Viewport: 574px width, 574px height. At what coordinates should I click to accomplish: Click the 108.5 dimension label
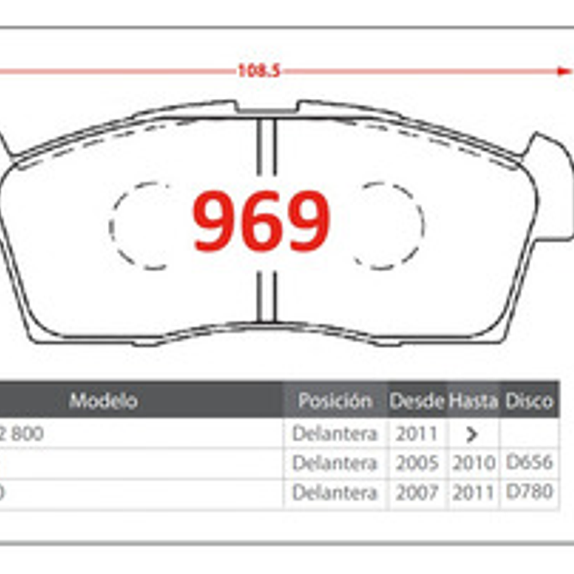tap(259, 71)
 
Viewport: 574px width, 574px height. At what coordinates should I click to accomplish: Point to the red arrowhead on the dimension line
tap(563, 71)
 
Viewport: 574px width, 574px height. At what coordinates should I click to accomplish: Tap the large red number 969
tap(261, 222)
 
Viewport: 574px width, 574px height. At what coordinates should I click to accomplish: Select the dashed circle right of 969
tap(388, 225)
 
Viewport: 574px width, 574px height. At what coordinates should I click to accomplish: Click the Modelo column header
tap(103, 400)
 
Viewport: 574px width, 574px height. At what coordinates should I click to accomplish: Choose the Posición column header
tap(335, 401)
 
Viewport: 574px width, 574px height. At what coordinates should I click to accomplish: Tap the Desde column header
tap(416, 401)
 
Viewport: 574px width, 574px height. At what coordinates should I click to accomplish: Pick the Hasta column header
tap(473, 401)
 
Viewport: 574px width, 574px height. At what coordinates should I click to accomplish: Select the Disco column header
tap(529, 401)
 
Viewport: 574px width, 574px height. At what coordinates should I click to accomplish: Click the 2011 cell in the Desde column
tap(416, 434)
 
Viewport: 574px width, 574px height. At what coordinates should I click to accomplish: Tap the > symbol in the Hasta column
tap(473, 435)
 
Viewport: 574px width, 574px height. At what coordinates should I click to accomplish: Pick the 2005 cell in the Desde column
tap(416, 463)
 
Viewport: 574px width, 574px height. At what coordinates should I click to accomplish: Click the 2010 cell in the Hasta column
tap(474, 463)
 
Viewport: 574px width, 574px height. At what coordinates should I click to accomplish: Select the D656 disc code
tap(529, 462)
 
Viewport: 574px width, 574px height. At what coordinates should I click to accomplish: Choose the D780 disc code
tap(529, 492)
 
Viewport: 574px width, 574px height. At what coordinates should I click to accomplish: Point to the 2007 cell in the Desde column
tap(416, 492)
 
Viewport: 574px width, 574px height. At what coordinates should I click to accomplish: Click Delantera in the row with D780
tap(335, 492)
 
